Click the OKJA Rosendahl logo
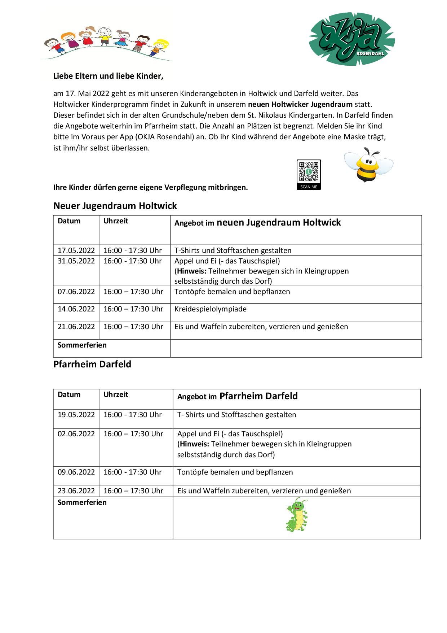click(351, 42)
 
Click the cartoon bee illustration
click(368, 165)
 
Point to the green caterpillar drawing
click(297, 515)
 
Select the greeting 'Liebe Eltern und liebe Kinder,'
click(108, 76)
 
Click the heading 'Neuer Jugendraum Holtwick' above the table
click(115, 206)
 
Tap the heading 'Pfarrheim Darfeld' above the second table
click(92, 364)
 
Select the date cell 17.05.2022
click(76, 250)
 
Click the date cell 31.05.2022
click(76, 261)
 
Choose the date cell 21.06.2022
click(76, 327)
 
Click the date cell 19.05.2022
click(76, 415)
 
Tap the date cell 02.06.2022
click(76, 434)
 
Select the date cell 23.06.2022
click(76, 491)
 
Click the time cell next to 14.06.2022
click(133, 309)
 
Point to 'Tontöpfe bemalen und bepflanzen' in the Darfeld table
click(235, 472)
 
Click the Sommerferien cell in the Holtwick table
click(82, 345)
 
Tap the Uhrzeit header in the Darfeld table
click(116, 394)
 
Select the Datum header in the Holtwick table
click(69, 221)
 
